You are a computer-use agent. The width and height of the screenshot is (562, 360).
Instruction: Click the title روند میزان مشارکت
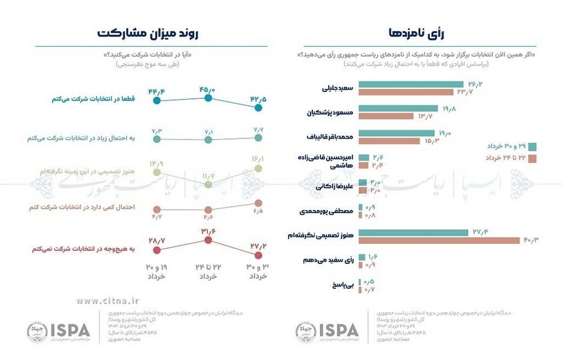click(x=148, y=33)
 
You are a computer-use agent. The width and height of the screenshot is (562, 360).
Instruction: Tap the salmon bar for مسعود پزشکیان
click(x=387, y=116)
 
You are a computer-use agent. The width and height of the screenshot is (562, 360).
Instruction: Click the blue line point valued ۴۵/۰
click(x=207, y=98)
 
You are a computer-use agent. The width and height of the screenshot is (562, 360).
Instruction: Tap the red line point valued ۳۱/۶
click(x=207, y=240)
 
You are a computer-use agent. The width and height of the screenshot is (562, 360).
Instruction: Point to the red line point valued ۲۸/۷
click(x=157, y=250)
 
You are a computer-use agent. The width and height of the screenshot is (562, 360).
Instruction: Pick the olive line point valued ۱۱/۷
click(x=207, y=185)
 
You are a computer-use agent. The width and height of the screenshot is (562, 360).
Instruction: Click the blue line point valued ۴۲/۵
click(x=258, y=108)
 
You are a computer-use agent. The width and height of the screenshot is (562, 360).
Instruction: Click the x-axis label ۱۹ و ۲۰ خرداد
click(x=157, y=271)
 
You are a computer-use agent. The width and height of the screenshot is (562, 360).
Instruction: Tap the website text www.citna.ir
click(x=108, y=300)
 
